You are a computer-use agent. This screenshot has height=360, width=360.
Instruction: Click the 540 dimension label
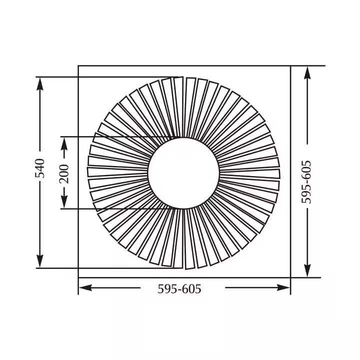pos(40,168)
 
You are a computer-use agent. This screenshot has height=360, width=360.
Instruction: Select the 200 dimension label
pos(64,173)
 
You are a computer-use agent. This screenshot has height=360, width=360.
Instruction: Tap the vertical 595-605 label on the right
pos(307,181)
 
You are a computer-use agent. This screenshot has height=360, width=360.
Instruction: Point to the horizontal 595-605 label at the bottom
pos(179,289)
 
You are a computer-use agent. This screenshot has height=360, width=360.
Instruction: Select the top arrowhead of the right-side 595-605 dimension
pos(307,72)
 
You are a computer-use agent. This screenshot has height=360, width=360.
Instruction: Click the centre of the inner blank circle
pos(183,172)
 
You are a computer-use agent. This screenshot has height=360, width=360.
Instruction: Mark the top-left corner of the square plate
pos(78,66)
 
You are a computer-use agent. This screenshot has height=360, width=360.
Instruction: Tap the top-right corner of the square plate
pos(290,66)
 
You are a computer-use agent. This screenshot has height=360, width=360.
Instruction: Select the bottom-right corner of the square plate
pos(290,277)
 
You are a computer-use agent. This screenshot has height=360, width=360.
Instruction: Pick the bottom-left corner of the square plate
pos(78,277)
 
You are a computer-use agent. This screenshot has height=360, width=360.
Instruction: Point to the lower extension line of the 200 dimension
pos(115,208)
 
